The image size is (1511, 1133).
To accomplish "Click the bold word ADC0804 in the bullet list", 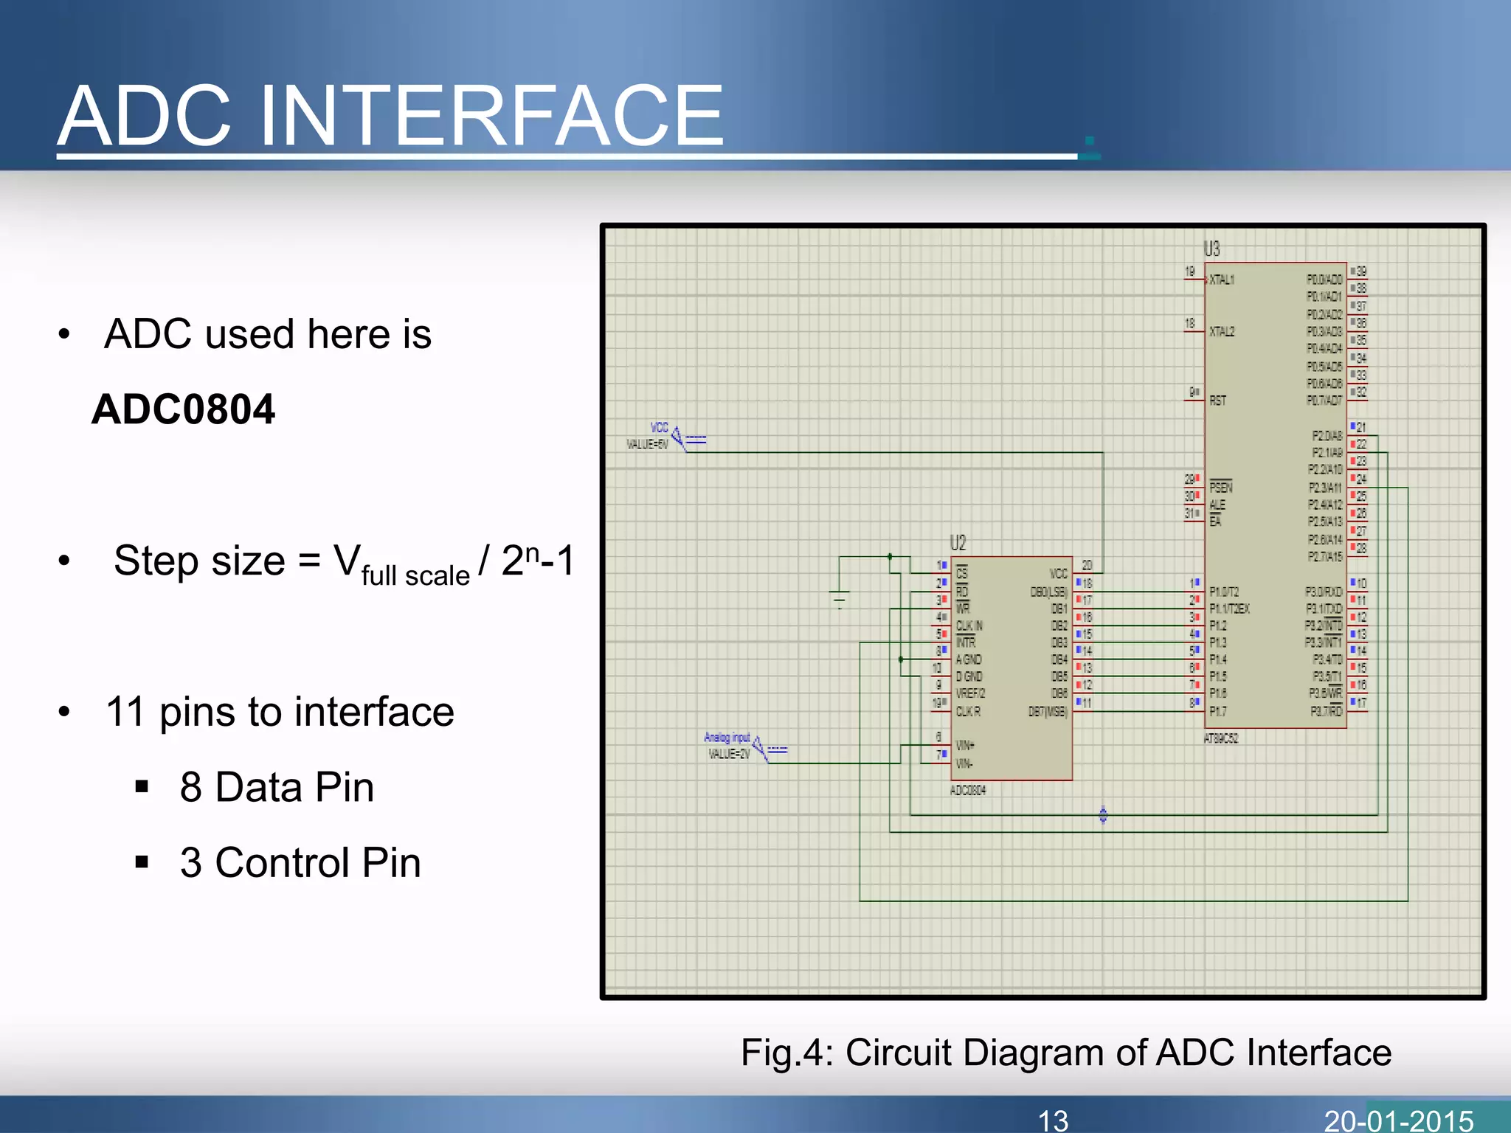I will [x=183, y=409].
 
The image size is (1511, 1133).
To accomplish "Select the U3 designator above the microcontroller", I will [x=1211, y=249].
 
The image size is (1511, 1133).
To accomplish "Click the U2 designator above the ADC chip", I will [x=958, y=544].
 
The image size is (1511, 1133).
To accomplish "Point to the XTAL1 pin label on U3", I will [x=1222, y=280].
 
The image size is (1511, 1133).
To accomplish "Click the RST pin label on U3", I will [x=1217, y=401].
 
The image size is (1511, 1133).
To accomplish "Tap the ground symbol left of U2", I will [x=840, y=596].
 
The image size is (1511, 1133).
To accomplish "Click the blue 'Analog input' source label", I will [x=727, y=737].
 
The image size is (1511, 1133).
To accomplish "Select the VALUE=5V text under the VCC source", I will [x=647, y=444].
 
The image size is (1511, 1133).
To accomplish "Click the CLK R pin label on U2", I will [x=968, y=712].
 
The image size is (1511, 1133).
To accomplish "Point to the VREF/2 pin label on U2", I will [x=970, y=694].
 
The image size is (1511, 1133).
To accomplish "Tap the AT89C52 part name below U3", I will [x=1221, y=738].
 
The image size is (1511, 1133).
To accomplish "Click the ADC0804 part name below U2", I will [x=968, y=791].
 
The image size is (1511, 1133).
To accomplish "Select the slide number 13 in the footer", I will [x=1053, y=1120].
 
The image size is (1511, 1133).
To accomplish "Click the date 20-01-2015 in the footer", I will [x=1399, y=1120].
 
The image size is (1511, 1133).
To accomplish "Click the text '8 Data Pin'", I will [x=277, y=787].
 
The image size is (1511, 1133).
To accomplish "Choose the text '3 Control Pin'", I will [x=300, y=862].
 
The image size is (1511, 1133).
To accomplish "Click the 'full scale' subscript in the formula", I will [x=415, y=575].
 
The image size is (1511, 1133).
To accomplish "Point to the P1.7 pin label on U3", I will [x=1218, y=712].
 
